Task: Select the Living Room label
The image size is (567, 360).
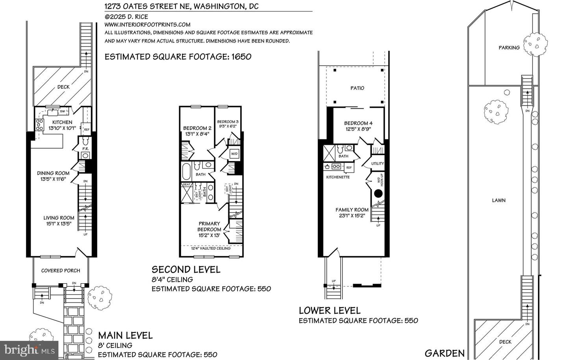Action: click(x=59, y=217)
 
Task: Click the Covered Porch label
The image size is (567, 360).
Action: click(x=61, y=271)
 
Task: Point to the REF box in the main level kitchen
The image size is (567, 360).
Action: click(x=86, y=129)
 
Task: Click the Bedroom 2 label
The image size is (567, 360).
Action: click(x=197, y=128)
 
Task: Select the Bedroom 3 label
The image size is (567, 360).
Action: click(x=228, y=121)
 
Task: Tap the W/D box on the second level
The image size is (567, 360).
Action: click(x=234, y=154)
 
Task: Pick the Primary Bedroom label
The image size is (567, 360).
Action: click(x=209, y=226)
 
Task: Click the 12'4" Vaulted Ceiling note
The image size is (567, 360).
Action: click(x=211, y=249)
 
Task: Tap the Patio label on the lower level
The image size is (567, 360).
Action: click(x=357, y=88)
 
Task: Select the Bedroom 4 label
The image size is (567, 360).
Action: click(x=358, y=123)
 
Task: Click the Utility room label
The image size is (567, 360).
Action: click(x=377, y=163)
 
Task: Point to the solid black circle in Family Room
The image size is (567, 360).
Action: click(x=378, y=193)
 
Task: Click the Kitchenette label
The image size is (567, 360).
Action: click(x=338, y=177)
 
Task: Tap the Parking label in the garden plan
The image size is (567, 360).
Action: click(x=509, y=48)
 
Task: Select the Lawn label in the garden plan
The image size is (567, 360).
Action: click(x=498, y=200)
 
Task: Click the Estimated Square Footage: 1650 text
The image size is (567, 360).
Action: click(x=178, y=57)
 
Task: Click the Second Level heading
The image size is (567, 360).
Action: click(x=186, y=269)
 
